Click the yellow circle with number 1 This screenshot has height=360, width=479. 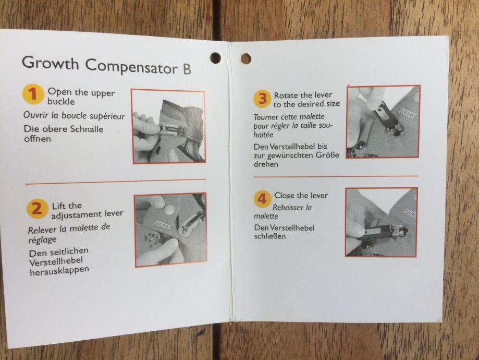click(32, 94)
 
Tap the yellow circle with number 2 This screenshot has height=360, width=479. click(37, 209)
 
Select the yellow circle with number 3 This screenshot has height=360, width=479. click(262, 99)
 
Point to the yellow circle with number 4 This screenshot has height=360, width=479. click(262, 199)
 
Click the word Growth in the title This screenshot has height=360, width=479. click(51, 63)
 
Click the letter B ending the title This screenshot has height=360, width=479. click(187, 69)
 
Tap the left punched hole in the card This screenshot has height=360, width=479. click(215, 58)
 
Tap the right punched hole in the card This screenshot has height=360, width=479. click(246, 59)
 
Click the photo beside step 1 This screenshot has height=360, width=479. click(168, 126)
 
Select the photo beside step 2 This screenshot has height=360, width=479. click(171, 230)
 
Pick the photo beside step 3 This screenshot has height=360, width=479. click(383, 122)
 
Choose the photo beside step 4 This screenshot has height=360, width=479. click(382, 222)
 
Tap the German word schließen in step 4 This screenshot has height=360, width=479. click(270, 236)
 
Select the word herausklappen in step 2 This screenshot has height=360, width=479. click(59, 271)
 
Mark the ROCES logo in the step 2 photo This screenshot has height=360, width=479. click(163, 225)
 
